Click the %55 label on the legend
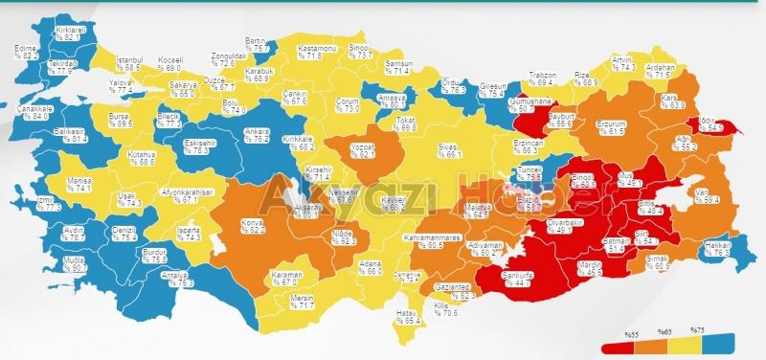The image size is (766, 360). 631,333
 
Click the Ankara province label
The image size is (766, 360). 255,131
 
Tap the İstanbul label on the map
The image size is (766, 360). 129,60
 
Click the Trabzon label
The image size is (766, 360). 542,75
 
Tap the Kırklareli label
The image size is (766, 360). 72,31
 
